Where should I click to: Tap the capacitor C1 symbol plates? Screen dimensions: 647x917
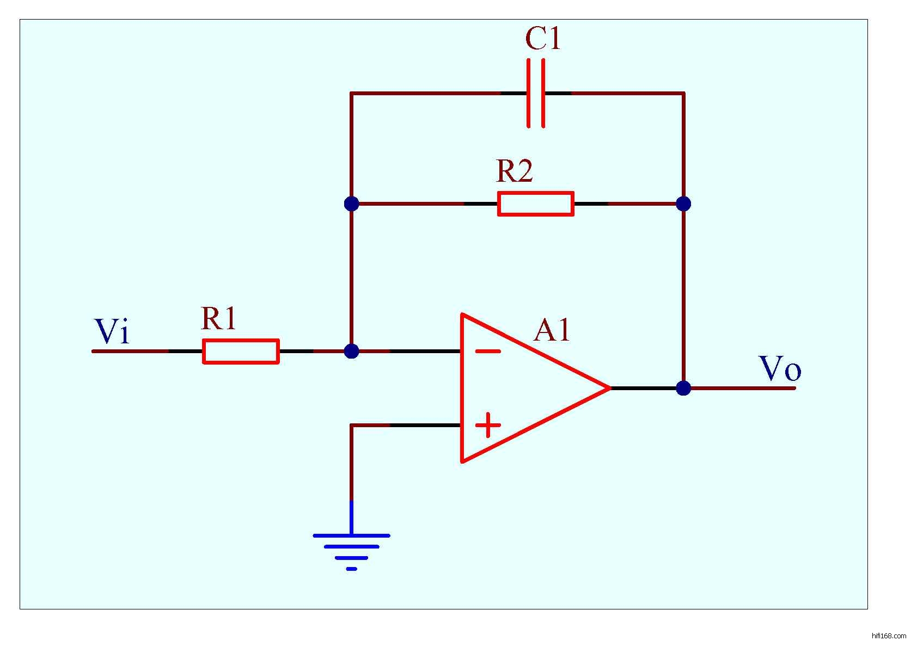click(x=536, y=94)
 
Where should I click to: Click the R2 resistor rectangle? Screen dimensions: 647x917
click(x=535, y=204)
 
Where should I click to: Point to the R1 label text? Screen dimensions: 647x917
click(x=218, y=318)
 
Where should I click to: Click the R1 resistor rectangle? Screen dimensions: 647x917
click(x=241, y=351)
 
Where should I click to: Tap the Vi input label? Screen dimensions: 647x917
click(x=112, y=331)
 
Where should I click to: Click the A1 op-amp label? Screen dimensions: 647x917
click(x=552, y=330)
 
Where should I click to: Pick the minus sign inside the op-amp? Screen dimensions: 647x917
click(x=488, y=352)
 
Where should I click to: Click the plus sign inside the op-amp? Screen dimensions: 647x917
click(x=488, y=425)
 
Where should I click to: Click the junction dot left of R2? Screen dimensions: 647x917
click(x=351, y=204)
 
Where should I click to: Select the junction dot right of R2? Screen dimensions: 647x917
click(x=683, y=204)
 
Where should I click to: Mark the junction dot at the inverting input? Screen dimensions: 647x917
click(x=351, y=351)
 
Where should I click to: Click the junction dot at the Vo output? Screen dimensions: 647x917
click(x=683, y=388)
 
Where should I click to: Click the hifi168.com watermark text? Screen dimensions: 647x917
click(x=889, y=636)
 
